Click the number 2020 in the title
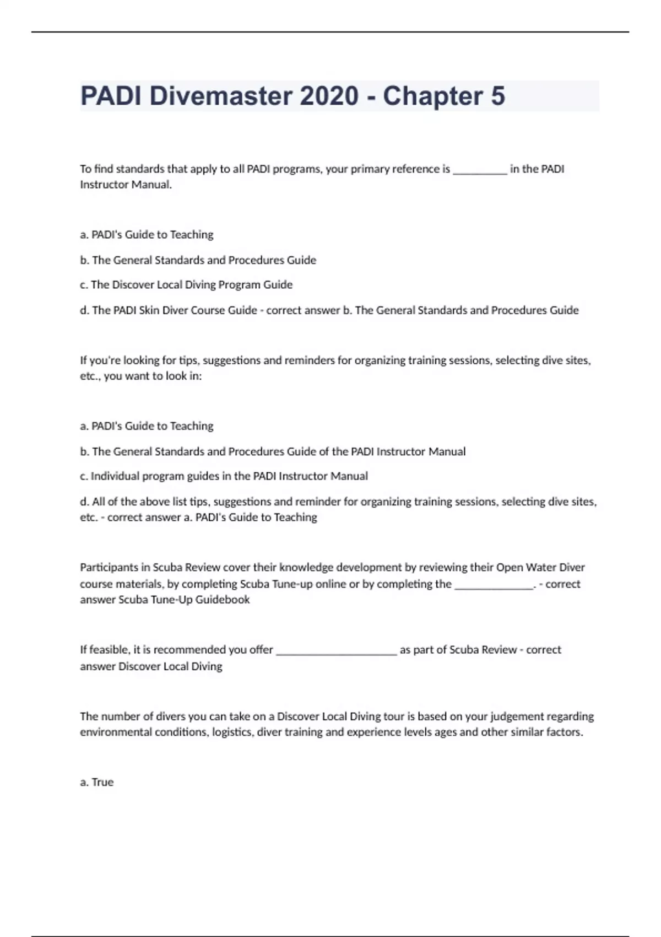pyautogui.click(x=329, y=96)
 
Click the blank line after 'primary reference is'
pyautogui.click(x=480, y=171)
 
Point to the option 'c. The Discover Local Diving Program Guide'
pyautogui.click(x=186, y=285)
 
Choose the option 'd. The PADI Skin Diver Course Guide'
pyautogui.click(x=169, y=310)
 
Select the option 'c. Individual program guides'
pyautogui.click(x=224, y=476)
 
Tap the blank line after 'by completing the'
pyautogui.click(x=494, y=586)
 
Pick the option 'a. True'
pyautogui.click(x=97, y=782)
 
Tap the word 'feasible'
pyautogui.click(x=109, y=650)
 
